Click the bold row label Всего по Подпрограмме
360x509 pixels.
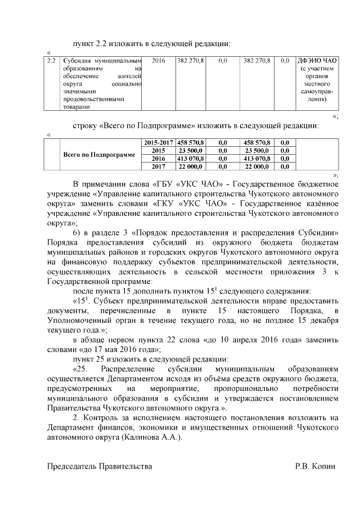[99, 155]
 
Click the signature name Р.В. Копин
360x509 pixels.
[315, 466]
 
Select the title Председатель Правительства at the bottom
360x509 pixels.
[99, 466]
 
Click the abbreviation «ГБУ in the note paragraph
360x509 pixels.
[166, 184]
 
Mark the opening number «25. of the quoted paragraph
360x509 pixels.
[80, 369]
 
